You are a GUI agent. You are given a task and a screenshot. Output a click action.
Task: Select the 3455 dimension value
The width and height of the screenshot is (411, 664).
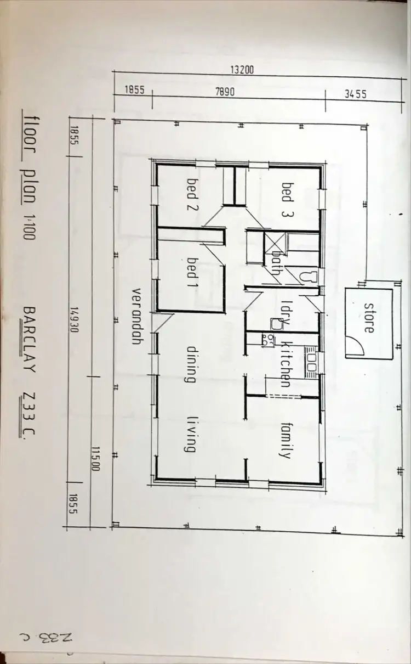click(355, 94)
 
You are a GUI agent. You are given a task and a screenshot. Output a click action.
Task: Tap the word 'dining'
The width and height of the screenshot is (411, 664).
click(191, 363)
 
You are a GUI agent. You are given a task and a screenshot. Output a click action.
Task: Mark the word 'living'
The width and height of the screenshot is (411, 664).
click(191, 434)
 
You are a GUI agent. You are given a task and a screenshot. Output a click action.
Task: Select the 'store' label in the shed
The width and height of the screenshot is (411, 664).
click(369, 318)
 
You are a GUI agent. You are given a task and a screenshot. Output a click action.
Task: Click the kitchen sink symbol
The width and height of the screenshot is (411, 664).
click(311, 362)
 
